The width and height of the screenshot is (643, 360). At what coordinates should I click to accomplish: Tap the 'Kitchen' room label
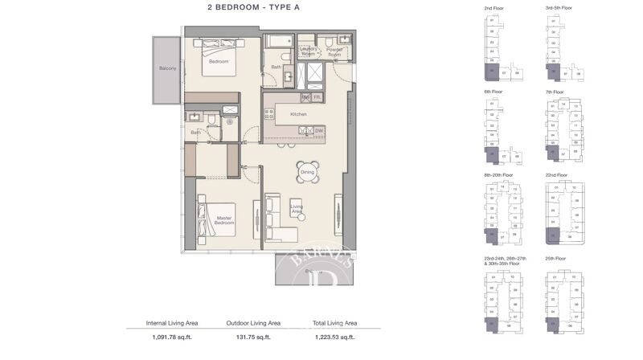[299, 115]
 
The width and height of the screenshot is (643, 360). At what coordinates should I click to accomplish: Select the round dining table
[307, 171]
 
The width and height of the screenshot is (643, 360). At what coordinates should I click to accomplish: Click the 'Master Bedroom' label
[223, 219]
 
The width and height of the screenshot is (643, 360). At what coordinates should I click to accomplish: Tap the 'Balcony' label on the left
[166, 68]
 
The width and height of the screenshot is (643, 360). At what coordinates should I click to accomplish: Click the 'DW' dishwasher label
[319, 130]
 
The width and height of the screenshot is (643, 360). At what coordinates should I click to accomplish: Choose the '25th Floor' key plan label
[556, 259]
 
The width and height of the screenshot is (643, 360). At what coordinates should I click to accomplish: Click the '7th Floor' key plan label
[555, 92]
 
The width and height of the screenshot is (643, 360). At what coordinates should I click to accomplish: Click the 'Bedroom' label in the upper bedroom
[219, 61]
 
